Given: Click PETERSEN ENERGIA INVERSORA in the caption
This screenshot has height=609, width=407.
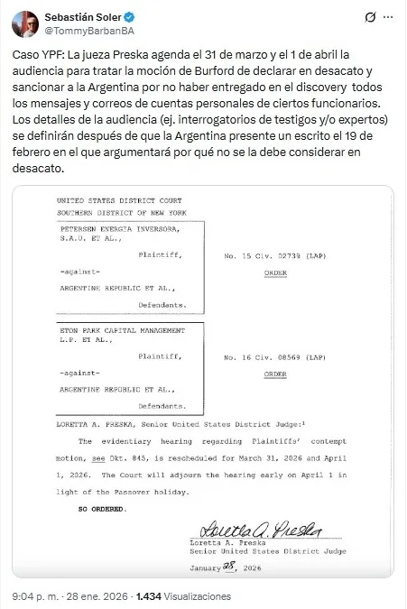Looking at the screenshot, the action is pyautogui.click(x=107, y=230).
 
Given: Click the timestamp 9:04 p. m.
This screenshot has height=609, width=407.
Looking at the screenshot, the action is pyautogui.click(x=31, y=596).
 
